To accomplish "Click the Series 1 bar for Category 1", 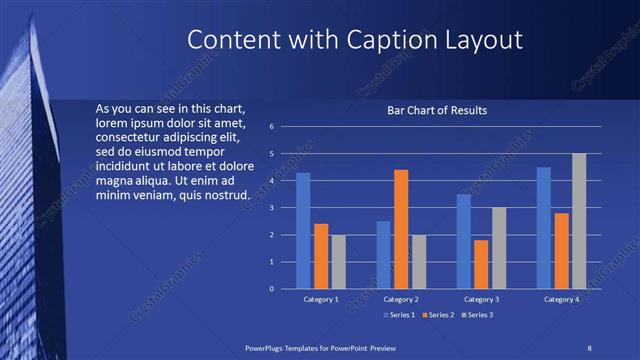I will click(x=303, y=231).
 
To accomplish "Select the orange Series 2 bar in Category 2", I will click(x=401, y=229).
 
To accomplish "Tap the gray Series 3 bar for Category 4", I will click(x=579, y=221).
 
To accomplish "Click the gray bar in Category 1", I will click(x=339, y=262).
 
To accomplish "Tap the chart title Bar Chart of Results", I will click(x=437, y=111).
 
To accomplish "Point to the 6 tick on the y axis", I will click(x=271, y=127).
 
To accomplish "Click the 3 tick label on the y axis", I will click(x=271, y=208).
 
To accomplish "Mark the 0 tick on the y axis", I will click(x=271, y=289).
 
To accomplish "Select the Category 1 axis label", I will click(x=321, y=299).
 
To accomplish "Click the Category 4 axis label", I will click(x=561, y=299).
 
